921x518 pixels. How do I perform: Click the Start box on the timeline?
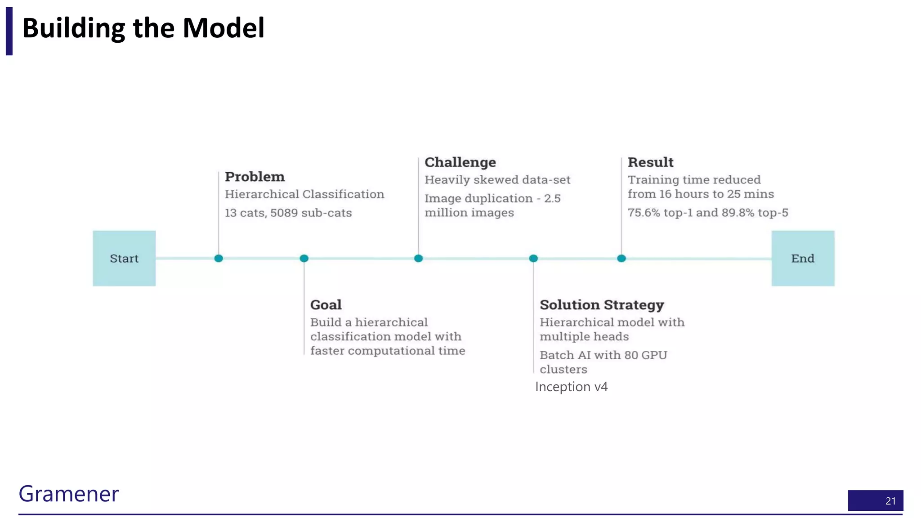click(x=124, y=258)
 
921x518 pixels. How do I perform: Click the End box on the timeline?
click(x=803, y=258)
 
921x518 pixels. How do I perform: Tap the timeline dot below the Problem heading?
click(x=219, y=258)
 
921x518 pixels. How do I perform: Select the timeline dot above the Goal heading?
click(x=304, y=258)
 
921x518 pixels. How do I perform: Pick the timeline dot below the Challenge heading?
click(x=418, y=258)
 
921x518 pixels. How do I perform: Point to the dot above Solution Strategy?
click(x=533, y=258)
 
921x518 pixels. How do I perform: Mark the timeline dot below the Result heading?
click(x=621, y=258)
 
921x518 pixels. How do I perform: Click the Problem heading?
click(x=255, y=177)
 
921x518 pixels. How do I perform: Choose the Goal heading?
click(x=326, y=305)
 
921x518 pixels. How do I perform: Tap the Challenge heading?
click(x=460, y=162)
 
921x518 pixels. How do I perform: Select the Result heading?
click(x=650, y=162)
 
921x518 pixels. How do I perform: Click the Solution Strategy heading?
click(x=602, y=305)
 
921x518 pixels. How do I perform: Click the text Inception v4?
click(x=571, y=387)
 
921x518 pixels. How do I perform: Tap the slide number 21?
click(x=890, y=501)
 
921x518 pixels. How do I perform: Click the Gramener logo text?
click(x=68, y=494)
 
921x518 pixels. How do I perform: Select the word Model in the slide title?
click(x=224, y=28)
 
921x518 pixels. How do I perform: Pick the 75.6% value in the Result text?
click(x=644, y=213)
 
